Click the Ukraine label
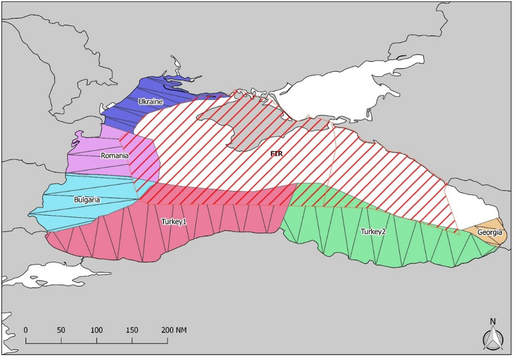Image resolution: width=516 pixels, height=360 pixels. tap(151, 102)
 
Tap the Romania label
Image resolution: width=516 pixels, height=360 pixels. tap(114, 156)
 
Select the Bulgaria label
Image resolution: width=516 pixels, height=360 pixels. tap(87, 200)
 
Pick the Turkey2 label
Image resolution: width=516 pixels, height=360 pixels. tap(373, 232)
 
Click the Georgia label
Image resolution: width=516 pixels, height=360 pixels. tap(490, 232)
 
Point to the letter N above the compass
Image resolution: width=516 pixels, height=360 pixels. tap(493, 321)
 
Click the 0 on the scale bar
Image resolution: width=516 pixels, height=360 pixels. tap(26, 330)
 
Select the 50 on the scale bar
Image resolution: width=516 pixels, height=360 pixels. tap(61, 330)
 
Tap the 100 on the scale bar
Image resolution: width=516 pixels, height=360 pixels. tap(97, 330)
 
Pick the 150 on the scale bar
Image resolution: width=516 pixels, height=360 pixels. tap(132, 330)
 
